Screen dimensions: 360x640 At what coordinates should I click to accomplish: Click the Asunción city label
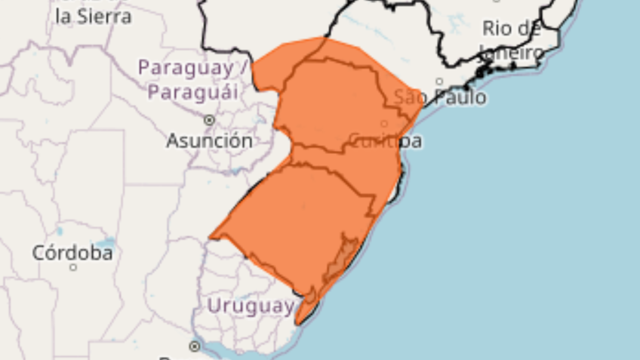[209, 141]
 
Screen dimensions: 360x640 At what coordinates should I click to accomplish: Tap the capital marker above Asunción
[209, 119]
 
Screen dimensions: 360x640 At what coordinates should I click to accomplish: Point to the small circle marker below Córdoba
[73, 267]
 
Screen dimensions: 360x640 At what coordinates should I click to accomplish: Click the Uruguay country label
[251, 306]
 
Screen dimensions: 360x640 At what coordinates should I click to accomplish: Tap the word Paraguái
[192, 93]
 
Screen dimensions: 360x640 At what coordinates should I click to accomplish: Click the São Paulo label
[441, 97]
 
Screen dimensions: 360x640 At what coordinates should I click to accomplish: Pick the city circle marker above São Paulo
[439, 82]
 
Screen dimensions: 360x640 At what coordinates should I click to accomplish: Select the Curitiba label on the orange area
[385, 141]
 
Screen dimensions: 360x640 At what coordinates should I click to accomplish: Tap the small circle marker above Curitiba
[383, 124]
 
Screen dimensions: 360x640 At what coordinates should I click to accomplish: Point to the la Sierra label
[94, 16]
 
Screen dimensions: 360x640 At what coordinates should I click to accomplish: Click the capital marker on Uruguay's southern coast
[195, 346]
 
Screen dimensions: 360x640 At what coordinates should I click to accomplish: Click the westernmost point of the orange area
[210, 238]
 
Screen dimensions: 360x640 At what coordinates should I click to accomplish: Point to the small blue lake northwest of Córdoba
[59, 230]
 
